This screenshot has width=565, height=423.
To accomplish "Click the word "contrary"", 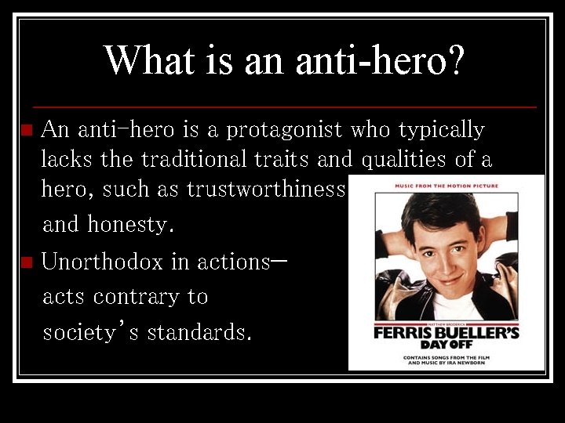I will [150, 297].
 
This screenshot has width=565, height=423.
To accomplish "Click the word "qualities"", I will [405, 161].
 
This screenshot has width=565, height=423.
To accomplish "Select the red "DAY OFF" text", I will [446, 345].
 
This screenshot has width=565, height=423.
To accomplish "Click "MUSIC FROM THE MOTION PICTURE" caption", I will [446, 186].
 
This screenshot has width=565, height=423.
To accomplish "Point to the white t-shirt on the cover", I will [447, 305].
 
